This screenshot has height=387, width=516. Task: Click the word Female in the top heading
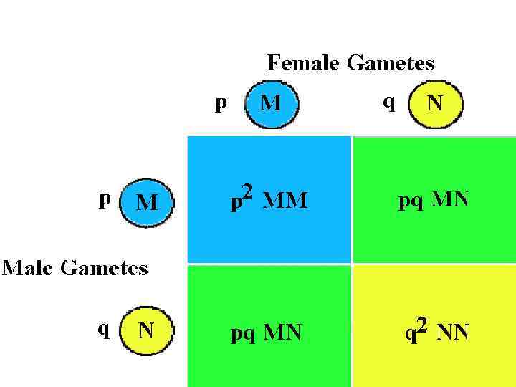(x=304, y=63)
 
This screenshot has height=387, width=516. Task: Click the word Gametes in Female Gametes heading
(x=391, y=64)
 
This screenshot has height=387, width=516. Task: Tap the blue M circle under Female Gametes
(x=272, y=104)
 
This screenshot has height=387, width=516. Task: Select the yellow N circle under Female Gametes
(x=436, y=105)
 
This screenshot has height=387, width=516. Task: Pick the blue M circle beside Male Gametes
(x=147, y=203)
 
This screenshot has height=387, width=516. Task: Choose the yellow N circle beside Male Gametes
(x=147, y=330)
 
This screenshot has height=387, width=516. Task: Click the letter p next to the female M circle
(x=221, y=103)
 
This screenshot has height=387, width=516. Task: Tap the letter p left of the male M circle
(x=105, y=199)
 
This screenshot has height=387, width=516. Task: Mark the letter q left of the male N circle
(x=105, y=329)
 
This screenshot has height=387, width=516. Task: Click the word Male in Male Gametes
(x=28, y=268)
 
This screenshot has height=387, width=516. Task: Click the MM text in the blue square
(x=285, y=201)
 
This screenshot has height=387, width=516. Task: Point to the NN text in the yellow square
(x=452, y=333)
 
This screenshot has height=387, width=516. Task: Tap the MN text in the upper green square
(x=451, y=199)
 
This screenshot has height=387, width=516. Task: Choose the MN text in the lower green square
(x=282, y=332)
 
